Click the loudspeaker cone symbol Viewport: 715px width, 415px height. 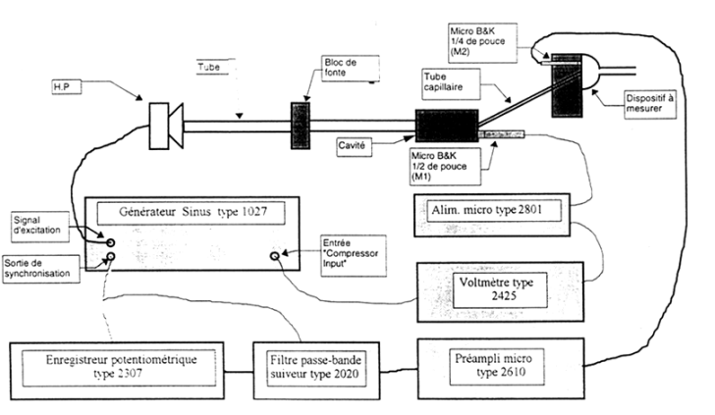click(176, 127)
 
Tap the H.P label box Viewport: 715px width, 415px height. click(67, 86)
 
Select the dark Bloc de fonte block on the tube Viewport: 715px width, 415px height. click(301, 126)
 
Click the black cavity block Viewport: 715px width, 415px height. click(447, 126)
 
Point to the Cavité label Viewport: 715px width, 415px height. click(354, 147)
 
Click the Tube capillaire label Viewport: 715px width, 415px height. click(451, 83)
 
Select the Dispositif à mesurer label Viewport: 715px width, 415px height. click(650, 104)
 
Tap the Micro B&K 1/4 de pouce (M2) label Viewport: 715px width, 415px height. click(483, 42)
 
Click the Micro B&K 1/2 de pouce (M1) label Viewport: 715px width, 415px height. click(445, 166)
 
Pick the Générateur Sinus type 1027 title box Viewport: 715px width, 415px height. click(192, 213)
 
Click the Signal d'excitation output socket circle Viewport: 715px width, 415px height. click(110, 242)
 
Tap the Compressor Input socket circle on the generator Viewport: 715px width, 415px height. click(275, 256)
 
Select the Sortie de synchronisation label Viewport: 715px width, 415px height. click(41, 269)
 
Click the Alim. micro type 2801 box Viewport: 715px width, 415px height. click(492, 215)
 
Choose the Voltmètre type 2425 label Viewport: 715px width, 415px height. click(500, 289)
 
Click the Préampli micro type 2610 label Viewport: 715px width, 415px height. click(497, 366)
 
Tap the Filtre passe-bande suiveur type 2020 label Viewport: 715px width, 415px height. click(316, 368)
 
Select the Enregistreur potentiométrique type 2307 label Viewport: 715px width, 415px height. click(119, 368)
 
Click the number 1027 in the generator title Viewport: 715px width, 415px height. click(252, 212)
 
